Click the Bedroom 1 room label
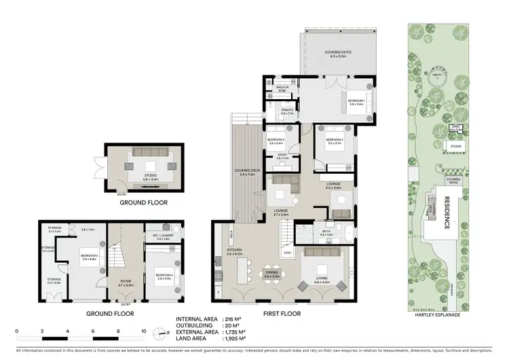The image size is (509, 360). [x=356, y=102]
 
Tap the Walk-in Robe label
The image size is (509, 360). [x=283, y=89]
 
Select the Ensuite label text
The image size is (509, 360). [x=286, y=111]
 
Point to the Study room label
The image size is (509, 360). [x=282, y=157]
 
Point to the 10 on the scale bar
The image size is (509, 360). [x=144, y=332]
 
